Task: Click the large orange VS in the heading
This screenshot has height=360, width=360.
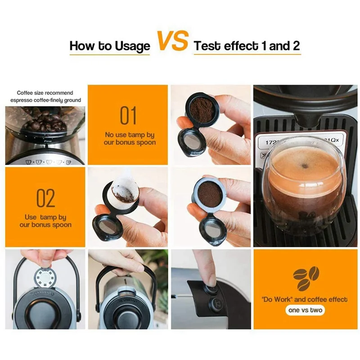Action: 172,41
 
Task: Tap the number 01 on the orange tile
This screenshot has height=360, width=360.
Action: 128,116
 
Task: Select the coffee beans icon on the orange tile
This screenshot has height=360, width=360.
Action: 306,278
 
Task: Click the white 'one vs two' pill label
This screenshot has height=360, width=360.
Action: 306,310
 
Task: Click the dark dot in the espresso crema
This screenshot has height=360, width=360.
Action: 305,166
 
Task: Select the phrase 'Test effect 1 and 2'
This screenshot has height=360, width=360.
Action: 247,46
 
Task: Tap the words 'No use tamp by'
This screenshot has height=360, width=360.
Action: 130,135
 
